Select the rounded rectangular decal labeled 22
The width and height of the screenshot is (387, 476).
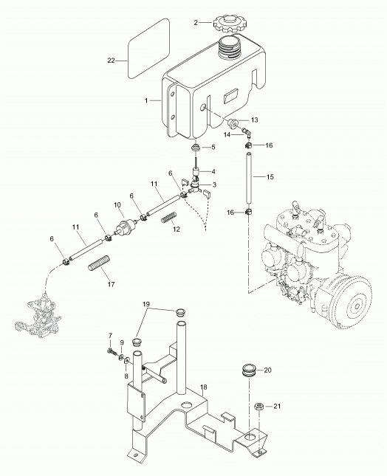coord(148,49)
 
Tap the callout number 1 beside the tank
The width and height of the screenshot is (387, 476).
coord(146,100)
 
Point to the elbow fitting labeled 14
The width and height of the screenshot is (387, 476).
coord(245,132)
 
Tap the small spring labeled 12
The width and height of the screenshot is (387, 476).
coord(169,218)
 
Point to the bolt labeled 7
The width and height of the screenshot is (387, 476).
coord(112,352)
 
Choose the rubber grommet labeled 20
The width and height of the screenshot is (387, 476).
coord(249,370)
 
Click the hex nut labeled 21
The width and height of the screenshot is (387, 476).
coord(259,406)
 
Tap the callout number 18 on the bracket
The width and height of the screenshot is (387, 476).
coord(204,387)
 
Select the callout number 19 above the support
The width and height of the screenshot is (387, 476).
coord(146,304)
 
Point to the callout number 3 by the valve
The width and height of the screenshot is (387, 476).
coord(214,184)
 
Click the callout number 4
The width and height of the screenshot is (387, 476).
coord(213,172)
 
